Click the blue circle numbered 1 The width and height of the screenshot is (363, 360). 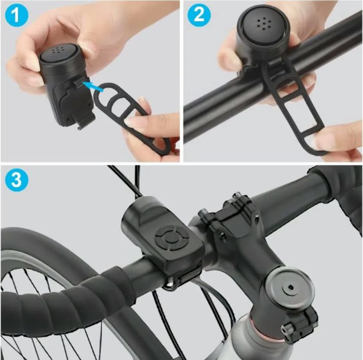pos(16,15)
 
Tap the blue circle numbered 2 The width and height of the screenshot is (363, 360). pos(199,15)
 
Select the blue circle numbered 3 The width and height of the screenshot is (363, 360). pos(16,179)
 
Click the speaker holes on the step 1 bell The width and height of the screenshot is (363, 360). pos(58,49)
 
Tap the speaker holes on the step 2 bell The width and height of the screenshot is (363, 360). pos(264,24)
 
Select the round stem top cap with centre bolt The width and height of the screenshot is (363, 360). pos(289,288)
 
